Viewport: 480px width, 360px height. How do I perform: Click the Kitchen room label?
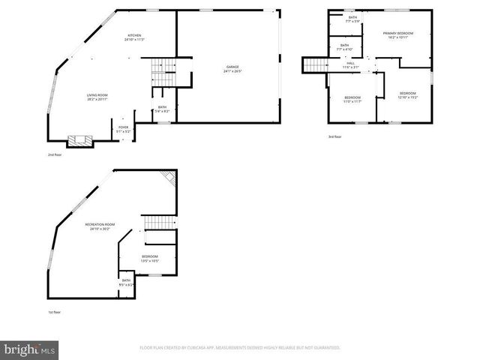(x=134, y=37)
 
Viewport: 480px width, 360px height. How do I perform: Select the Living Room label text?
(x=97, y=97)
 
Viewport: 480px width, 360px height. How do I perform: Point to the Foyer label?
(x=124, y=129)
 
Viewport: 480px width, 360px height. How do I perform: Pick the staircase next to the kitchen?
(x=163, y=72)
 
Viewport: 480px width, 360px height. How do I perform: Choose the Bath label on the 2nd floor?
(x=163, y=109)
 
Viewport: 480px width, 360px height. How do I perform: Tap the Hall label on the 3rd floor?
(x=351, y=65)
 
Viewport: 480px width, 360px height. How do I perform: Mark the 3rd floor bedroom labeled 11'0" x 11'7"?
(x=352, y=100)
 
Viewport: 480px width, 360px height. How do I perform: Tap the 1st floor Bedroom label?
(x=150, y=259)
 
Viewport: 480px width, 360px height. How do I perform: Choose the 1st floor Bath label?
(x=126, y=282)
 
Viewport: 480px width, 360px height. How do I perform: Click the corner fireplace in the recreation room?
(x=171, y=177)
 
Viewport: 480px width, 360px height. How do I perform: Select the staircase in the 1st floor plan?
(x=158, y=223)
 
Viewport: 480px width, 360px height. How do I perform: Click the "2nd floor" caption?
(x=54, y=154)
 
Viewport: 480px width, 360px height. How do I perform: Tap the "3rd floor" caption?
(x=334, y=136)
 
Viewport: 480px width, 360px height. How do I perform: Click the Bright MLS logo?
(x=30, y=349)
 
